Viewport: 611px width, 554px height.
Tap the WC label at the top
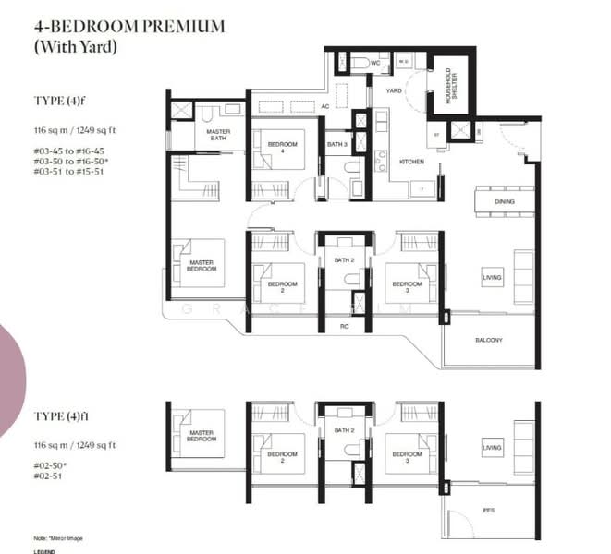coord(375,63)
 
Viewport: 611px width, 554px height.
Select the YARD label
coord(394,91)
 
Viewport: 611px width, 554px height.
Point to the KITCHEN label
coord(411,162)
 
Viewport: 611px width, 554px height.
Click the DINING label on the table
coord(503,201)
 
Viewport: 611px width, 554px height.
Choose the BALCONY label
coord(488,341)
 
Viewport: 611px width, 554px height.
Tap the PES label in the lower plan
coord(488,509)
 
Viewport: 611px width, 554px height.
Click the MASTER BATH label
coord(218,135)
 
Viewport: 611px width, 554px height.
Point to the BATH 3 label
coord(337,145)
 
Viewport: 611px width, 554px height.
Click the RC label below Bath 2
coord(344,326)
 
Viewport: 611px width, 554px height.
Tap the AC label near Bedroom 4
coord(324,107)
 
